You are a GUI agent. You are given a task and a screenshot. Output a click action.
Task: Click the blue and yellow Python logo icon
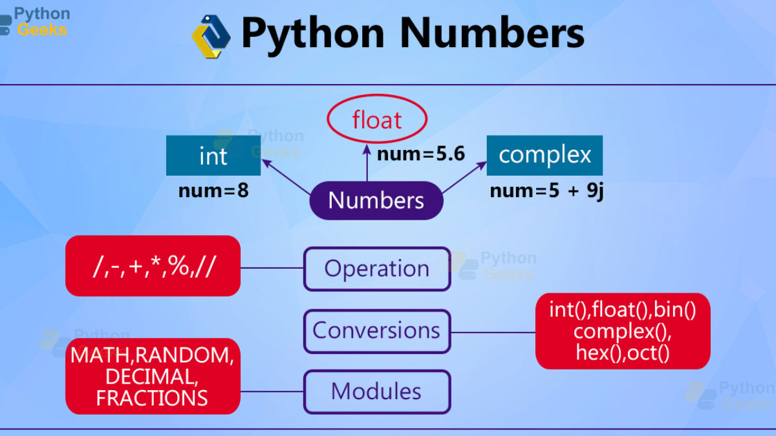211,36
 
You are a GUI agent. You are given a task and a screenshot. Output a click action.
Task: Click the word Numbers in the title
492,33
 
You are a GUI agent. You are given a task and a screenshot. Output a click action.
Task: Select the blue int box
213,156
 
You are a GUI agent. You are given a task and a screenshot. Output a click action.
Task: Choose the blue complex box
544,156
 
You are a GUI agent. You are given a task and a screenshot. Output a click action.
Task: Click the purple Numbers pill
376,200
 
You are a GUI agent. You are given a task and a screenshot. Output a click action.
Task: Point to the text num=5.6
421,154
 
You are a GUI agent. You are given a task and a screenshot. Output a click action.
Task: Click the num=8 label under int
213,191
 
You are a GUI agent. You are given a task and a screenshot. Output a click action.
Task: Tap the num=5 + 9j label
546,191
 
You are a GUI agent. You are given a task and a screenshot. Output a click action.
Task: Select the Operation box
377,269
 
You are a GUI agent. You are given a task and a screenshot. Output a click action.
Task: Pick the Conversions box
377,331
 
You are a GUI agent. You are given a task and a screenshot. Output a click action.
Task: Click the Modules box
377,391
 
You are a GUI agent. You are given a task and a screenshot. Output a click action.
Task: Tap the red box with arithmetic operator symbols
153,265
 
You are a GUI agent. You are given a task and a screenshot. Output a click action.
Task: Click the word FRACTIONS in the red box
152,398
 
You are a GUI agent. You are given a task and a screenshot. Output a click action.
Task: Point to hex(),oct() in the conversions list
623,353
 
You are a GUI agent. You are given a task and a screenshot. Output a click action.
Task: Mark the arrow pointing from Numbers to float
367,163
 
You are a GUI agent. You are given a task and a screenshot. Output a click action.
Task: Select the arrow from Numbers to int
286,176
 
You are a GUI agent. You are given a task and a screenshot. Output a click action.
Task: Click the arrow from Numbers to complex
464,177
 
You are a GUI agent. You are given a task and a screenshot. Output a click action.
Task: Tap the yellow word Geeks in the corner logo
42,30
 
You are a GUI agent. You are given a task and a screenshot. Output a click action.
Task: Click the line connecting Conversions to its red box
493,333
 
